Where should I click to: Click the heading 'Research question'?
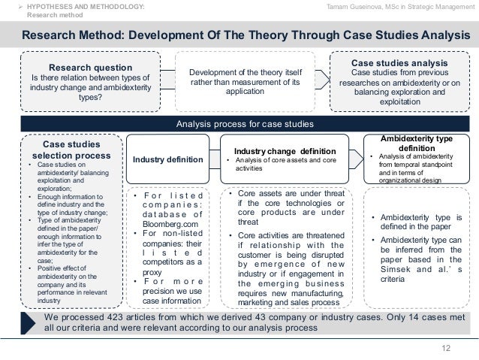[x=91, y=66]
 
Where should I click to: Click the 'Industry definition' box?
[x=167, y=159]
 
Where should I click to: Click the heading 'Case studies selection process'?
[x=69, y=150]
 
